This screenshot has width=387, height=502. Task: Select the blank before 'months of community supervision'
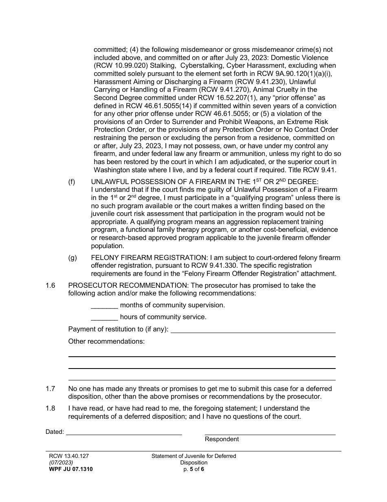click(x=104, y=305)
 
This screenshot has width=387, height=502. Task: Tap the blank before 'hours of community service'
click(x=104, y=317)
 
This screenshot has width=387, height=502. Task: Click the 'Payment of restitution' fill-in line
click(x=253, y=330)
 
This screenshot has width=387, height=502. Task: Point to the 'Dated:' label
click(x=55, y=432)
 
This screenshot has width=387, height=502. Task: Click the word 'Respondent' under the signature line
click(x=222, y=439)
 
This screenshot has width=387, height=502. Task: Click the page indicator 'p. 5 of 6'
click(x=193, y=469)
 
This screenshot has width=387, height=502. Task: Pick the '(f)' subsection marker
click(x=72, y=182)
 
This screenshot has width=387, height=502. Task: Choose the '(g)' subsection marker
click(x=72, y=258)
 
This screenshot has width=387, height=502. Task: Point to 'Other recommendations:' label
click(x=106, y=341)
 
